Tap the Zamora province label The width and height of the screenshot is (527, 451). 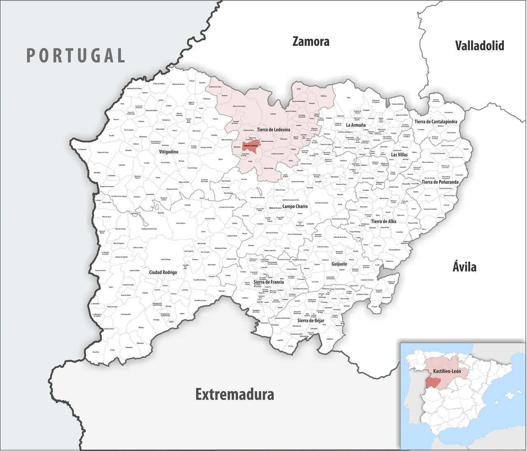[x=311, y=42]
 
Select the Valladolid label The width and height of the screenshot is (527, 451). [x=479, y=46]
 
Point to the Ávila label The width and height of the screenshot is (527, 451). [x=464, y=267]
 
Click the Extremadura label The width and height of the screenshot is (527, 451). [x=235, y=394]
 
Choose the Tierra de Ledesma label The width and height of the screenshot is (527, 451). [x=273, y=130]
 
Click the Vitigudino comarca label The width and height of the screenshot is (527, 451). [x=169, y=152]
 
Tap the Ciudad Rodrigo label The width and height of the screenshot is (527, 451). [x=163, y=272]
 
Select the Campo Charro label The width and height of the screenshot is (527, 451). [x=295, y=207]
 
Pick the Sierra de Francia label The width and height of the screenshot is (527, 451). [x=268, y=282]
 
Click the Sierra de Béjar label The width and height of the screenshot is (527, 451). [x=311, y=321]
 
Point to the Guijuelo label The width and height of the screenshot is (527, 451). [x=339, y=264]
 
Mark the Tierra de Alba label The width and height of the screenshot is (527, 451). [x=384, y=221]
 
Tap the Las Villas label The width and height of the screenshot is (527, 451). [x=399, y=155]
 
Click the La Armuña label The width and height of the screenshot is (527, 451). [x=356, y=126]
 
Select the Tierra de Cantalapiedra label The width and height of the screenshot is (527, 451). [x=436, y=122]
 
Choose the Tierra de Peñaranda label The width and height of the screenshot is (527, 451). [x=440, y=182]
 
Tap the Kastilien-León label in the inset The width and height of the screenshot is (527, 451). [x=447, y=371]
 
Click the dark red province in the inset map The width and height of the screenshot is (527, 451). [x=433, y=382]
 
